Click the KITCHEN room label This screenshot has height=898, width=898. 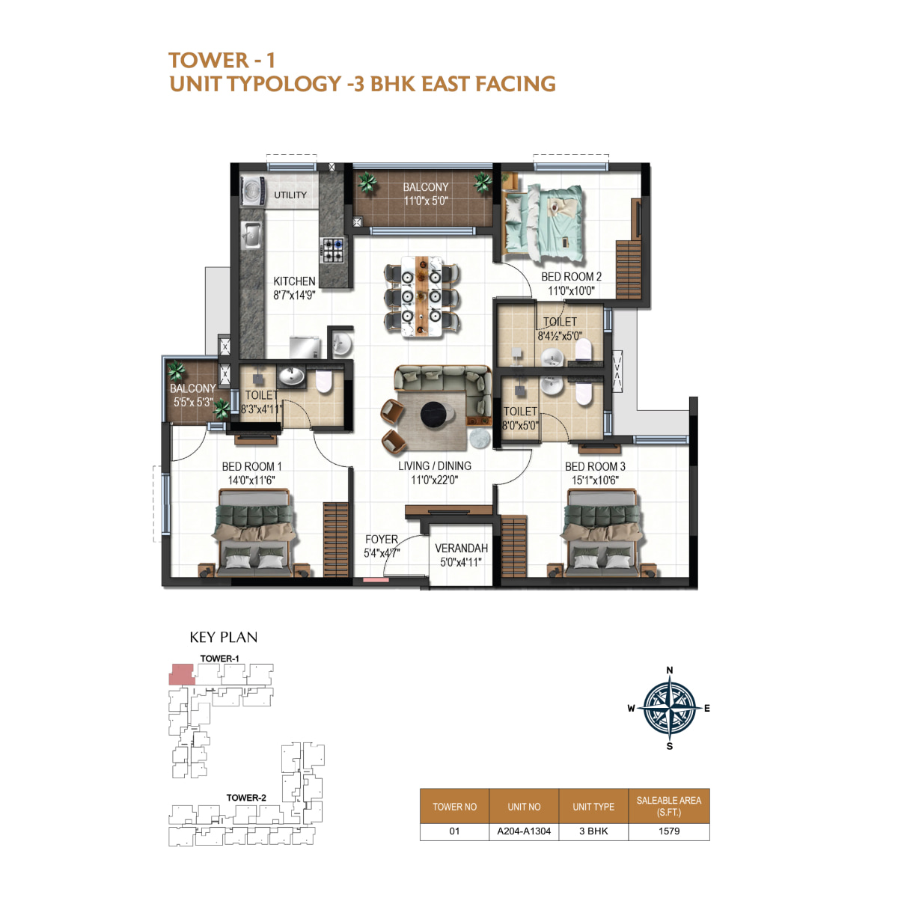point(294,281)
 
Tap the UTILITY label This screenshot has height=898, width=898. point(290,195)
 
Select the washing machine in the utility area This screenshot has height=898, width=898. point(254,191)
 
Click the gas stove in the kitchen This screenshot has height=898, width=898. point(333,250)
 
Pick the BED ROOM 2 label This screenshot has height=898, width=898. point(571,277)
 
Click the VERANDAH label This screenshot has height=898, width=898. point(461,549)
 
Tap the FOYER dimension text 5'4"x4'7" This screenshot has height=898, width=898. point(382,553)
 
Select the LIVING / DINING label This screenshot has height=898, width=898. point(434,465)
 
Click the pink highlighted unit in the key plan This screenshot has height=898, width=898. point(181,674)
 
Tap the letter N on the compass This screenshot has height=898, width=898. point(670,670)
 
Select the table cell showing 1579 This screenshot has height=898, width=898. point(669,831)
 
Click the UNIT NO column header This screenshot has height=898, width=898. point(524,807)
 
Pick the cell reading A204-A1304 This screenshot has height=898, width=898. point(524,831)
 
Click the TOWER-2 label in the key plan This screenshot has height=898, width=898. point(246,798)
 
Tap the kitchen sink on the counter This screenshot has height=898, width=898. point(251,234)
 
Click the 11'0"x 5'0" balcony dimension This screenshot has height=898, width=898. point(426,201)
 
